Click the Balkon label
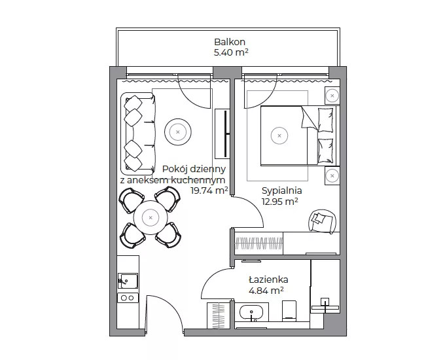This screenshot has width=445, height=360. tap(230, 42)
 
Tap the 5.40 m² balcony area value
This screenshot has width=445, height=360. tap(231, 52)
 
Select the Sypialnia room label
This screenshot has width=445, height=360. tap(281, 190)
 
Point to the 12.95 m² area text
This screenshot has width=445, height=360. tap(279, 202)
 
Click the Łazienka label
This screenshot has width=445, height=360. tap(268, 279)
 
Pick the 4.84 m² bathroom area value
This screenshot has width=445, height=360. tap(266, 291)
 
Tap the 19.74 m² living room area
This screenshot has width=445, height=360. tap(209, 190)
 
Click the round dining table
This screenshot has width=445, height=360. tap(151, 218)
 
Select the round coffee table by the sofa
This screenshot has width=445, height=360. tap(177, 132)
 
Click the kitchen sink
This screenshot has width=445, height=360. tap(128, 281)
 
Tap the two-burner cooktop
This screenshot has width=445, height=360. tap(128, 298)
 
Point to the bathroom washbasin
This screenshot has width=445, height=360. tap(251, 313)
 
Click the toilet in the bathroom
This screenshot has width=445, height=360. tap(289, 311)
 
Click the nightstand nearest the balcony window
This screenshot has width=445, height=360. tap(332, 96)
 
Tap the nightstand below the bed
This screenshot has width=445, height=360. tap(332, 175)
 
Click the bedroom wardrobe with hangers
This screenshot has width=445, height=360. tap(259, 243)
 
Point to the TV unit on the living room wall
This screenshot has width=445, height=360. tap(222, 134)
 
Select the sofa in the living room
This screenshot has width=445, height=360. tap(138, 134)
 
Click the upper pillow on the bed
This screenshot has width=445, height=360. tap(325, 120)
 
